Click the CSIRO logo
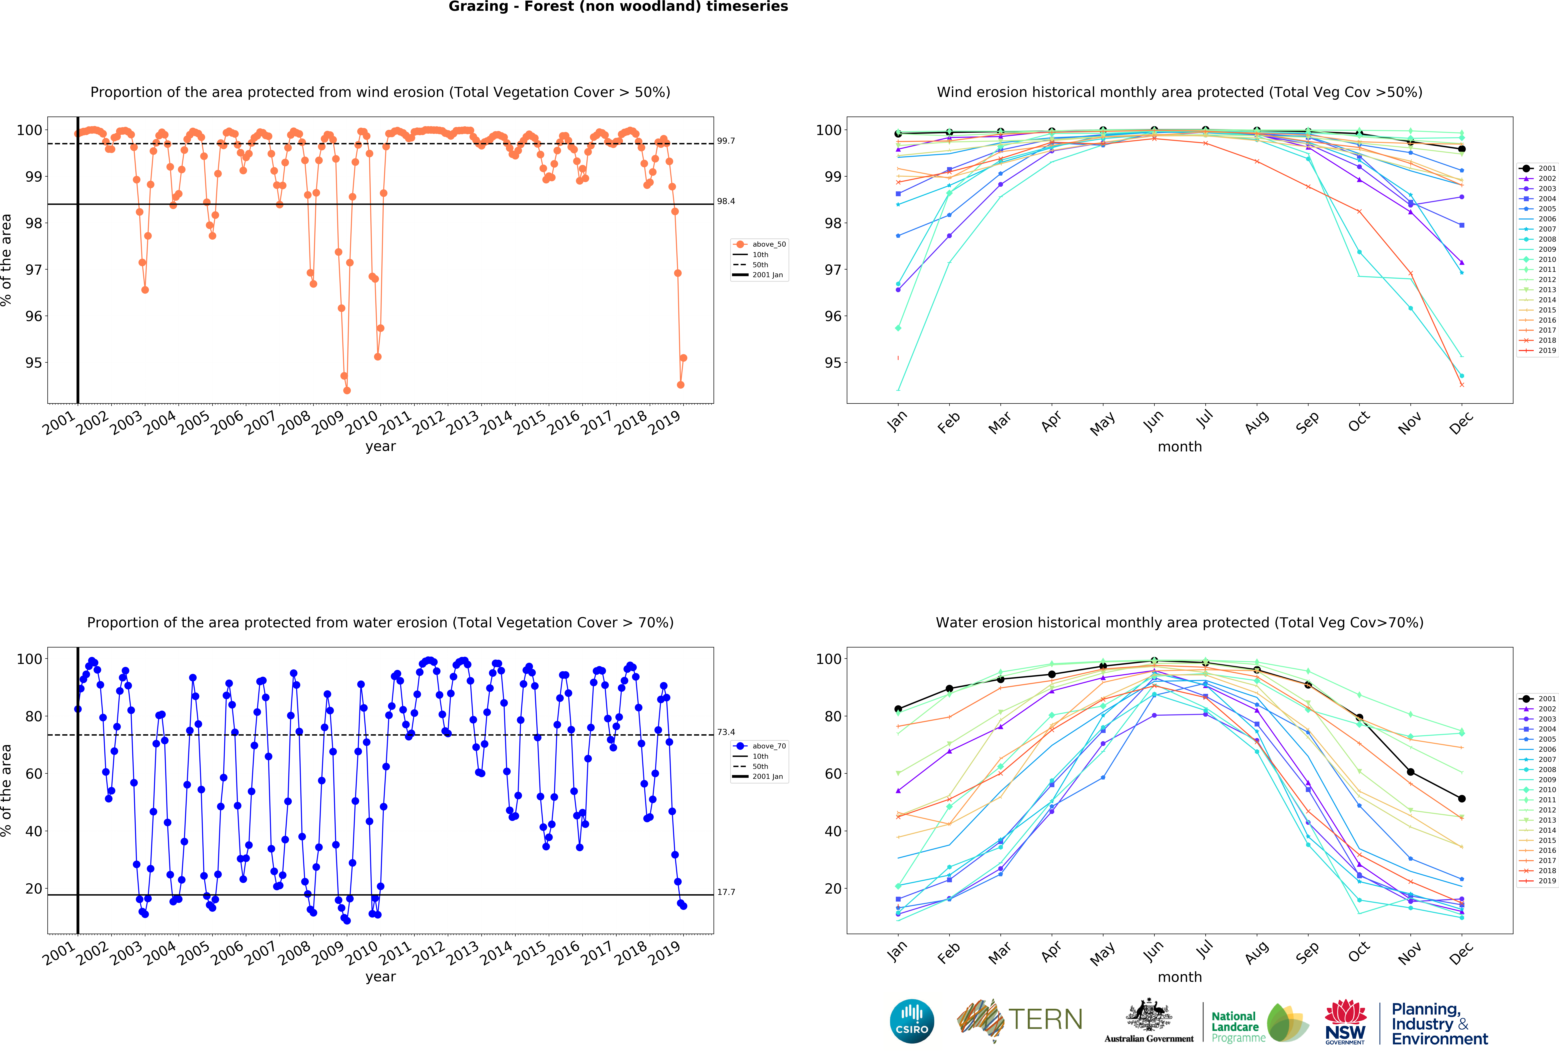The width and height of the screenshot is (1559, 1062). point(912,1021)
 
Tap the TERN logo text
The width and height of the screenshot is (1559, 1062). point(1045,1020)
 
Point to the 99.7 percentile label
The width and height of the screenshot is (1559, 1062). point(726,141)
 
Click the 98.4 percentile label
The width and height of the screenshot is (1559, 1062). point(726,201)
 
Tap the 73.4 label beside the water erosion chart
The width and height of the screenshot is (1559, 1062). point(726,732)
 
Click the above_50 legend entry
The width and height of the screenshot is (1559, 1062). point(768,244)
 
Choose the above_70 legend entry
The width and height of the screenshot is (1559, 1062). point(768,746)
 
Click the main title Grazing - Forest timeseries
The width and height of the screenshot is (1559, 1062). point(618,7)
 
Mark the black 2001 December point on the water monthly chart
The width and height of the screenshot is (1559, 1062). point(1462,798)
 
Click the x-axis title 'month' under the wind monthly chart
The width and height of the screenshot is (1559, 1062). point(1179,446)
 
